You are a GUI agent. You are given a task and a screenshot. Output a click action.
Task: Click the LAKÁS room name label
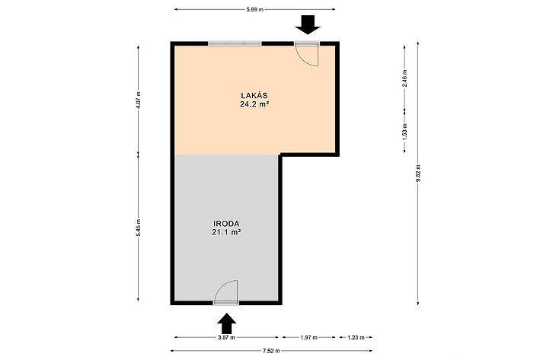click(x=254, y=95)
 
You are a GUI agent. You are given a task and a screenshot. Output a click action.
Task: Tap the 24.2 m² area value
click(x=254, y=104)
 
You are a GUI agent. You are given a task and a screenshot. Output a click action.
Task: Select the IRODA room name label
click(x=226, y=224)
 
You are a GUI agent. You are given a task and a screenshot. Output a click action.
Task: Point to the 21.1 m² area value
click(x=226, y=232)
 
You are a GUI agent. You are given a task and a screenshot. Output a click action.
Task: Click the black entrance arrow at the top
click(x=308, y=25)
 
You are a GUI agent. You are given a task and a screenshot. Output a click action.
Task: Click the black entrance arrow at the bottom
click(x=227, y=323)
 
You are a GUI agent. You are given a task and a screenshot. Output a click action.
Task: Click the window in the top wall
click(x=235, y=43)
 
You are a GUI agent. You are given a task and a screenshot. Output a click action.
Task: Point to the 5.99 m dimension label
click(x=255, y=10)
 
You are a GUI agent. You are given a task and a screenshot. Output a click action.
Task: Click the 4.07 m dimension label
click(x=139, y=100)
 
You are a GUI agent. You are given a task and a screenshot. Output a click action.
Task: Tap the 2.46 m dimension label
click(x=405, y=78)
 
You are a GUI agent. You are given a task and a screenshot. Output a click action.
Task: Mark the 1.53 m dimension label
click(x=405, y=132)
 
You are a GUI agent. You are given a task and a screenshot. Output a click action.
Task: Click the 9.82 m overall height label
click(x=418, y=173)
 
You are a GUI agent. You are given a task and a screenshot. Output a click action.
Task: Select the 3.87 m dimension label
click(x=226, y=337)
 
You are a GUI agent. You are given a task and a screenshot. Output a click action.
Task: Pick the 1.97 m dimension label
click(x=308, y=337)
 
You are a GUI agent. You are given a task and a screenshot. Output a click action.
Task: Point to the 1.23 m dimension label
click(x=356, y=337)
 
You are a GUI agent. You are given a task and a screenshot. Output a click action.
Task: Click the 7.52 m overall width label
click(x=271, y=351)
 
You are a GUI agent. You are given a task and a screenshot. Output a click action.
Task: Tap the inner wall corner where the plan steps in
click(x=280, y=155)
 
